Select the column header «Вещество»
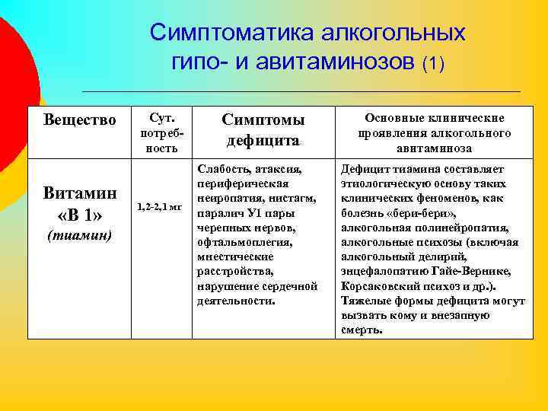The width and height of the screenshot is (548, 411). [80, 120]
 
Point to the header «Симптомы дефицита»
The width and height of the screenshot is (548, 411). [263, 130]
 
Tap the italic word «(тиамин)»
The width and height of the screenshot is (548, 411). [80, 235]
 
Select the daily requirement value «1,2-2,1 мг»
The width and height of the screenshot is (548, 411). [160, 207]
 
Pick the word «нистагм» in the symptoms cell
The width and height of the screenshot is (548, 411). [296, 199]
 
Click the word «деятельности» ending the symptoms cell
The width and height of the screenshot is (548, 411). [235, 301]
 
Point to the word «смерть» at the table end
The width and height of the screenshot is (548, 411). [362, 330]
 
